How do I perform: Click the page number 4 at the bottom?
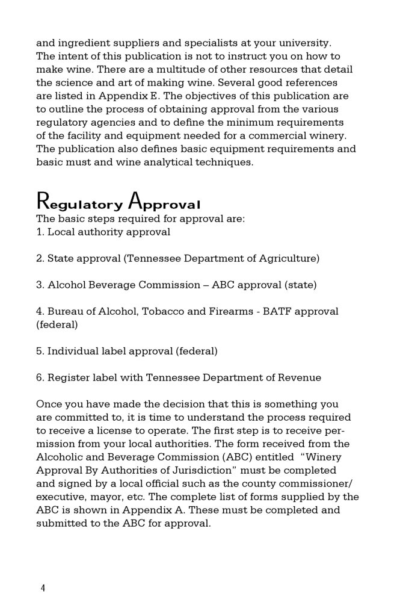[43, 588]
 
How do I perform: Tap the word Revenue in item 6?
[300, 377]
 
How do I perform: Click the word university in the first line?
[304, 43]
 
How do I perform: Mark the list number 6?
[40, 377]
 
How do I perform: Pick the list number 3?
[40, 285]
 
